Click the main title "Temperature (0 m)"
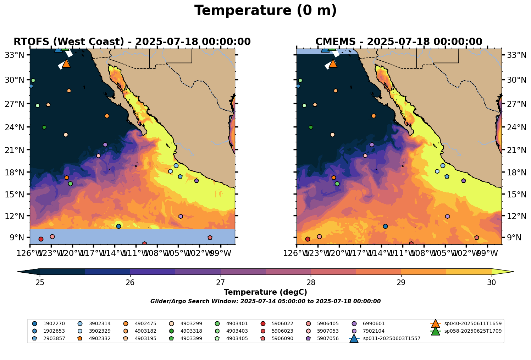(265, 11)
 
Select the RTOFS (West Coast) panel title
(132, 42)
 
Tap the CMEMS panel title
(399, 42)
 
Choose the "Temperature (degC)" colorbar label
(265, 292)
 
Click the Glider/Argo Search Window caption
(265, 301)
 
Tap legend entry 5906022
(282, 324)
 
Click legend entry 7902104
(374, 331)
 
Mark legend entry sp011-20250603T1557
(391, 339)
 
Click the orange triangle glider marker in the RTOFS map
(66, 64)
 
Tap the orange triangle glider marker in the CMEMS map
(333, 64)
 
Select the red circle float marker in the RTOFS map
(41, 239)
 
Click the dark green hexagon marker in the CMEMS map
(311, 127)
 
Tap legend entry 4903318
(191, 331)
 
